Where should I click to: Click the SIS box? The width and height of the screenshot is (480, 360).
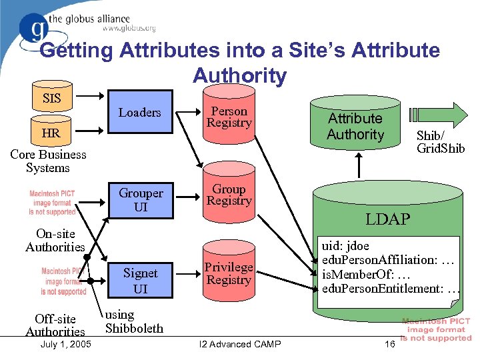point(51,99)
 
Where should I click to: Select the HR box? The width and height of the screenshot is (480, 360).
point(51,133)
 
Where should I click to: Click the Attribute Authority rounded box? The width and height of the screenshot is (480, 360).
point(355,127)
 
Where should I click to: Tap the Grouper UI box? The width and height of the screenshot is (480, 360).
point(141,200)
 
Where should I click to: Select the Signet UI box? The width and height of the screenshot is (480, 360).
point(141,280)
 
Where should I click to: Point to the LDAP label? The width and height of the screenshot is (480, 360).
point(388,219)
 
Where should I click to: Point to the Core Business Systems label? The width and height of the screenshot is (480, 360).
point(48,161)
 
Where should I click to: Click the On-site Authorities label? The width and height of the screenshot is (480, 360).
point(55,241)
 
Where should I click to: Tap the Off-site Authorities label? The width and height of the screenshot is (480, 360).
point(55,325)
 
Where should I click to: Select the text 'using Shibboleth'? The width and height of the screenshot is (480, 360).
point(134,321)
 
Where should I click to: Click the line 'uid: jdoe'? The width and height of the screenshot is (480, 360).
point(346,246)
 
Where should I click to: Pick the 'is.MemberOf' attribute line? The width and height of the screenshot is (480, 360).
point(357,274)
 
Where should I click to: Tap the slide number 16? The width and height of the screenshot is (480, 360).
point(390,344)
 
